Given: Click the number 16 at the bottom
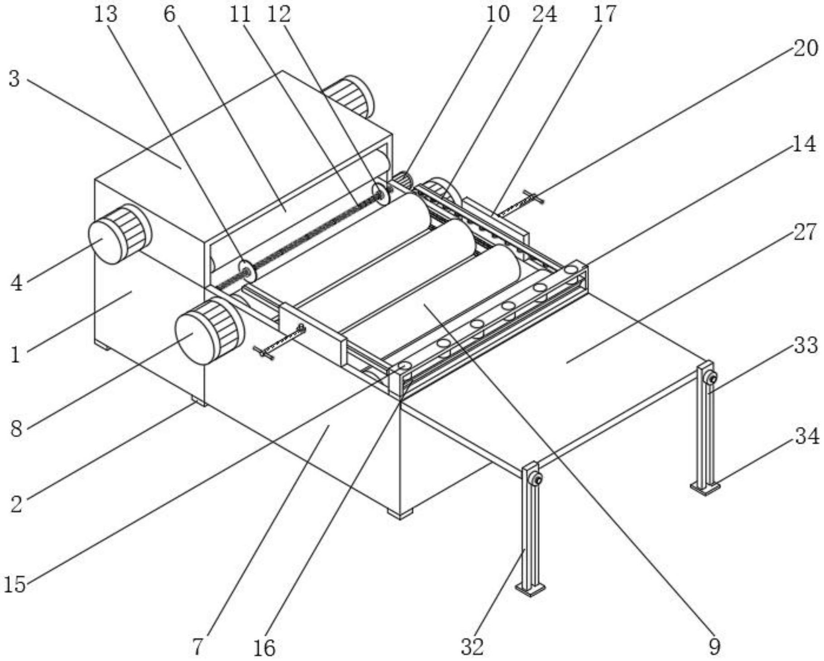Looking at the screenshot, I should point(264,648).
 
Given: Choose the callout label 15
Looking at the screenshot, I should point(15,584).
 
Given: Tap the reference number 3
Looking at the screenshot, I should point(14,79).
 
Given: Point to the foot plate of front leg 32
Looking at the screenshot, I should point(530,589).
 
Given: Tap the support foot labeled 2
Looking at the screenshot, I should point(198,401).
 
